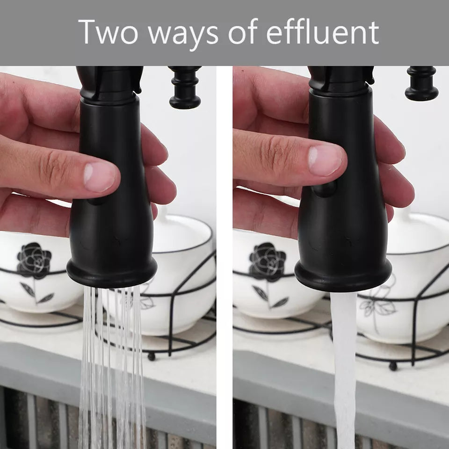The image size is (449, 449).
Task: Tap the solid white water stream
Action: pyautogui.click(x=345, y=365)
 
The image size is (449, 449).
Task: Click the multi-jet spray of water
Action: pyautogui.click(x=112, y=365)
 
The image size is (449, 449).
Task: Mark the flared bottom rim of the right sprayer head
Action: pyautogui.click(x=343, y=281)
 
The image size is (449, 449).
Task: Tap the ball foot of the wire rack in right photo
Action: pyautogui.click(x=393, y=366)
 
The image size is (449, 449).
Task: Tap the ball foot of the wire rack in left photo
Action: pyautogui.click(x=151, y=356)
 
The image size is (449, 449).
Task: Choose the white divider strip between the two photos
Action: pyautogui.click(x=224, y=257)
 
